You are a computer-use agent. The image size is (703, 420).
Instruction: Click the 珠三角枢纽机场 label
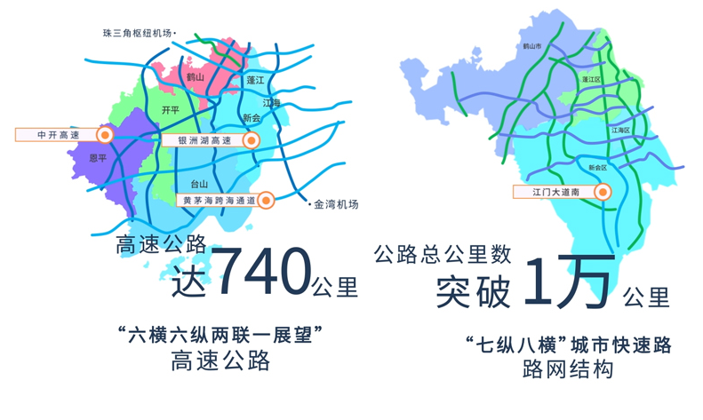139,34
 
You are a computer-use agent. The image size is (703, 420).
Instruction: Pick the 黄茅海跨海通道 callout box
219,201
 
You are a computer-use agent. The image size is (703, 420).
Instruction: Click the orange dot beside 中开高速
105,135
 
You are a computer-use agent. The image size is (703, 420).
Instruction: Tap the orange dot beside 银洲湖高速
252,140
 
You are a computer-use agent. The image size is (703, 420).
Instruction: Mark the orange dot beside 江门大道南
603,192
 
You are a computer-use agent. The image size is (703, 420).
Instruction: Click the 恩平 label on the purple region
98,158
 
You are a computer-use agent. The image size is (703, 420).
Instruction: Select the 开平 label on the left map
171,110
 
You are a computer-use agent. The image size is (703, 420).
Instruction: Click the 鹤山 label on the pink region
196,78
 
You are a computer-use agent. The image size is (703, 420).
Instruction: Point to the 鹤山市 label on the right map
531,45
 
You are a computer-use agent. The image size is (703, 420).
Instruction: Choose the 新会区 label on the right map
597,167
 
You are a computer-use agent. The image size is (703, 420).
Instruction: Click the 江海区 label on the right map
620,130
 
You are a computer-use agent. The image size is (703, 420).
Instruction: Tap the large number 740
264,272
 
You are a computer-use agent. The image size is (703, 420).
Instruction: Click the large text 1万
569,282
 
